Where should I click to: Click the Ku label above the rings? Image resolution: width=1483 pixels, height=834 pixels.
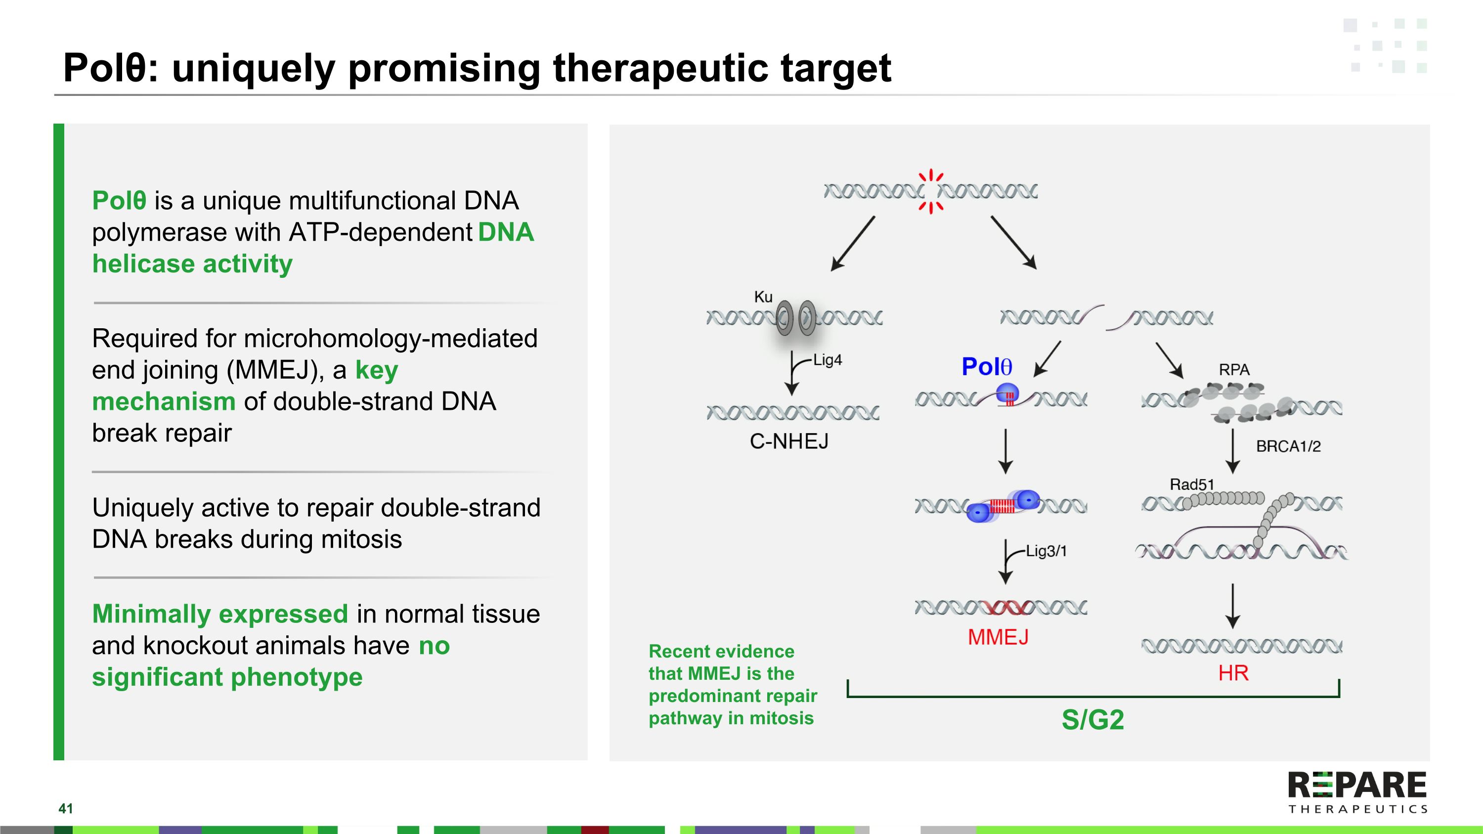(x=763, y=297)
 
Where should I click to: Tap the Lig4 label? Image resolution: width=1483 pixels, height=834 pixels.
(x=828, y=360)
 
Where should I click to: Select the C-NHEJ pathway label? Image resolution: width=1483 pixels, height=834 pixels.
(x=788, y=441)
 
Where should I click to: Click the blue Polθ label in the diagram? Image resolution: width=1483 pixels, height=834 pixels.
(x=986, y=367)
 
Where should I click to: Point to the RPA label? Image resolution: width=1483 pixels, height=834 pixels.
(x=1234, y=369)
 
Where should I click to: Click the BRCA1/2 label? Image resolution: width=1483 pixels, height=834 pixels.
(x=1288, y=446)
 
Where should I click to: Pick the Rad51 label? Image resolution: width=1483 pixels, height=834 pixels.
(x=1191, y=484)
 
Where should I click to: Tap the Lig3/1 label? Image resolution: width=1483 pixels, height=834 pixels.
(x=1046, y=551)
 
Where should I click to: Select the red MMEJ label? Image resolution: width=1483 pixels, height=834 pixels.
(x=998, y=637)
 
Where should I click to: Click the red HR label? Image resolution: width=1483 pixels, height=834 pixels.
(x=1233, y=673)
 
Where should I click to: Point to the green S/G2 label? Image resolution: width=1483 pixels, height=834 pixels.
(x=1092, y=719)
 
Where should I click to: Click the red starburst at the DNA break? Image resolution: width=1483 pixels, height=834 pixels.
(x=930, y=191)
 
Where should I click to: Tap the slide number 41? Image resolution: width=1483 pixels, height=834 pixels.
(x=66, y=809)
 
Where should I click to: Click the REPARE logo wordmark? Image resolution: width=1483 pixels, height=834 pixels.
(x=1357, y=786)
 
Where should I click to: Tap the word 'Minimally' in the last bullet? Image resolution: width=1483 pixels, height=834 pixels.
(x=151, y=614)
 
